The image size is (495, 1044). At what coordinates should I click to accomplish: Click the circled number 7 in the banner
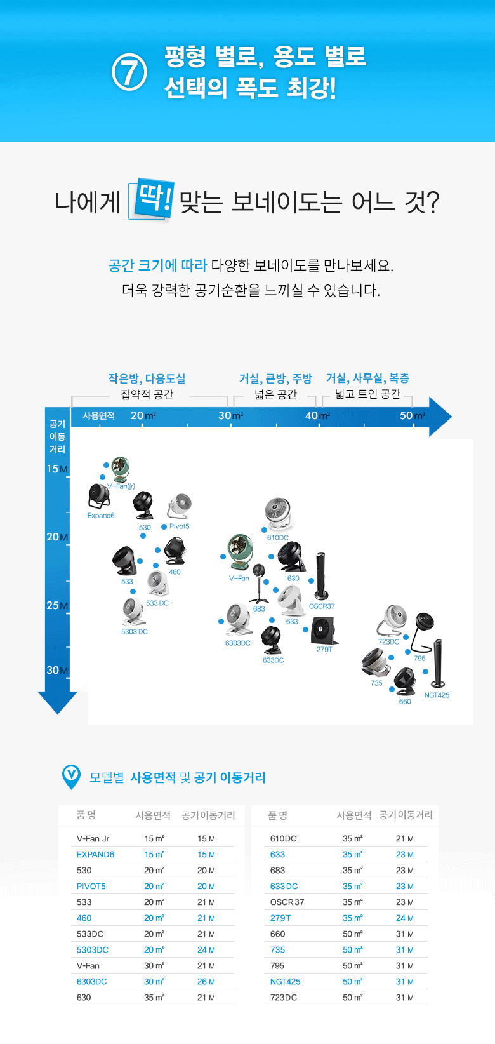(129, 72)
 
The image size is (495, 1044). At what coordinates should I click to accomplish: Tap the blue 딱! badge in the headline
(151, 201)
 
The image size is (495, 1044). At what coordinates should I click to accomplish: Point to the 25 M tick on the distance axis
(56, 605)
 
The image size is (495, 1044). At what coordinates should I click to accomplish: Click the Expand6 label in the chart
(101, 516)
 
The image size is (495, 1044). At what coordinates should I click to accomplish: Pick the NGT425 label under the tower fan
(437, 695)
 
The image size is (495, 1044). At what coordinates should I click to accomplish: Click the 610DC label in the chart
(278, 538)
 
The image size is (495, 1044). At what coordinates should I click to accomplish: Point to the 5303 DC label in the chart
(135, 632)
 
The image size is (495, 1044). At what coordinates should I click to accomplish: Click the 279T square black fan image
(324, 629)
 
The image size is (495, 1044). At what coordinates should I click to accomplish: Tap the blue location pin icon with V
(72, 776)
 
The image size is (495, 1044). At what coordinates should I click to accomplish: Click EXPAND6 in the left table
(95, 855)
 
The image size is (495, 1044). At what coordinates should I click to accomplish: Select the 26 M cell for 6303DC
(206, 982)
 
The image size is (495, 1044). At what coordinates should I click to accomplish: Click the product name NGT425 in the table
(285, 982)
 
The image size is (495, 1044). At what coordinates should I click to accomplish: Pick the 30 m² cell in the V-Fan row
(154, 966)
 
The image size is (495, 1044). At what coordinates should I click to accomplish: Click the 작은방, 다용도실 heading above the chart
(147, 378)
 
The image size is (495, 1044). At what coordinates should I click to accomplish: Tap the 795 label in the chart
(419, 659)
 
